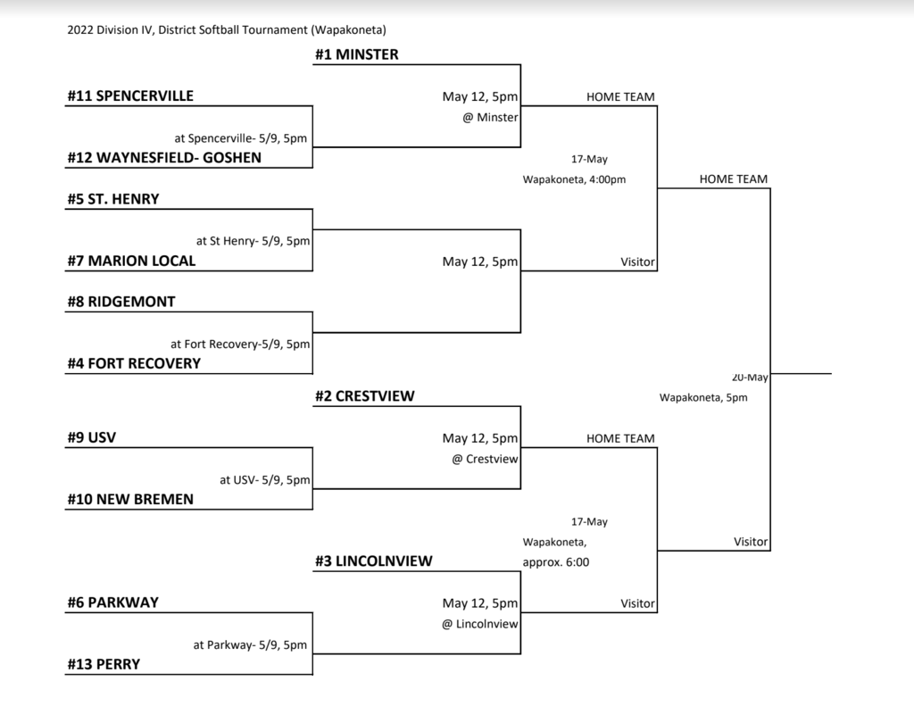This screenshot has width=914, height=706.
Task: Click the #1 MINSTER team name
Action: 357,54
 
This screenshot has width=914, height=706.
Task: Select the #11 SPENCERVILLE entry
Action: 130,96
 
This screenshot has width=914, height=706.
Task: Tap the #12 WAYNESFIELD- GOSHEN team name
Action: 164,157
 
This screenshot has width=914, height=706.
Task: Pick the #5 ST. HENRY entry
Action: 113,199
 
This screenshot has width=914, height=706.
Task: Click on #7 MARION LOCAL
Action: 132,261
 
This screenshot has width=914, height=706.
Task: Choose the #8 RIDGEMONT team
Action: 121,302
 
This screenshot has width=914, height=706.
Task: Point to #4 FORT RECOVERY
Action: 134,363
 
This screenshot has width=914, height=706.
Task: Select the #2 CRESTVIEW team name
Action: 365,396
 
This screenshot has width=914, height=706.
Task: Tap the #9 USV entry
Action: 92,437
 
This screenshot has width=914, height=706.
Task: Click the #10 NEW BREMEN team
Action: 130,499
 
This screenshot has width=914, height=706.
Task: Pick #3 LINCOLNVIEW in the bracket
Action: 374,561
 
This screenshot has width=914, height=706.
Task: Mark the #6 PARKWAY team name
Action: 113,602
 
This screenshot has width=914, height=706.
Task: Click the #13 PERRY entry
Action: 104,664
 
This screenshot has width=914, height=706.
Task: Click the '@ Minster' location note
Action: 490,117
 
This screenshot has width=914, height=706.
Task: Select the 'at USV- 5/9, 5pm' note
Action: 264,480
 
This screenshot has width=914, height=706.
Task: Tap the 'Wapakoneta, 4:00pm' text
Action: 574,179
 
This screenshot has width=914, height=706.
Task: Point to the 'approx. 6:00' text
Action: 556,562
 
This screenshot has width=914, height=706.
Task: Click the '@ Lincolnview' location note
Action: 479,624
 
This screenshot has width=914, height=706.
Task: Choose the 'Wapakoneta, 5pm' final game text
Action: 703,397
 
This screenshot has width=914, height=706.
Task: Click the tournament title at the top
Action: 227,29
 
